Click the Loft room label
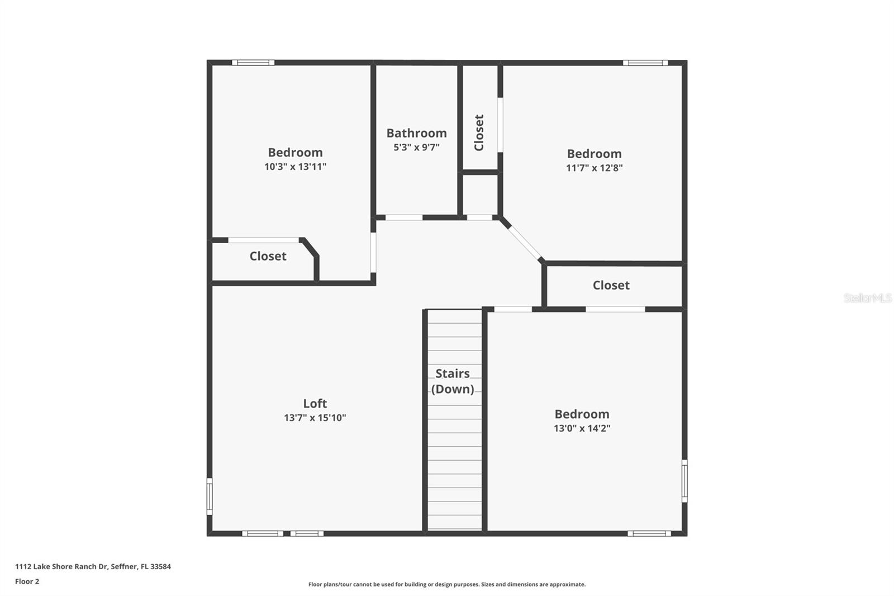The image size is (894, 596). [315, 403]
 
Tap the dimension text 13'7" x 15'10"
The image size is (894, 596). [315, 418]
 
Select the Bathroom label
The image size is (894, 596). [416, 133]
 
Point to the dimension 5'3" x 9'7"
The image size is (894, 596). [416, 148]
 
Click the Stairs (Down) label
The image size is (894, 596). [453, 381]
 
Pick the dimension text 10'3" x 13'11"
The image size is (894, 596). [295, 167]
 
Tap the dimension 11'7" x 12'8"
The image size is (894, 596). [594, 168]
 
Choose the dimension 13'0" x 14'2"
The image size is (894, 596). [582, 428]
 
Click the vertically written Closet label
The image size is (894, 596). [479, 133]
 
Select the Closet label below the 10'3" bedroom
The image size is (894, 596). [268, 256]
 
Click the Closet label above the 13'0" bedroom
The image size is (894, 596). [611, 285]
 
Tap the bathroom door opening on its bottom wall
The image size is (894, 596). [403, 217]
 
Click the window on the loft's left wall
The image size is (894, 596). [210, 496]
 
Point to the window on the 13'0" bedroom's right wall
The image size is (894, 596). [684, 481]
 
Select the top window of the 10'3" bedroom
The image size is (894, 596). [253, 63]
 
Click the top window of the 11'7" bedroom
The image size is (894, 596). [645, 63]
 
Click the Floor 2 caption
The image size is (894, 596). [27, 581]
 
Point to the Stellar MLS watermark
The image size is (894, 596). [867, 298]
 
